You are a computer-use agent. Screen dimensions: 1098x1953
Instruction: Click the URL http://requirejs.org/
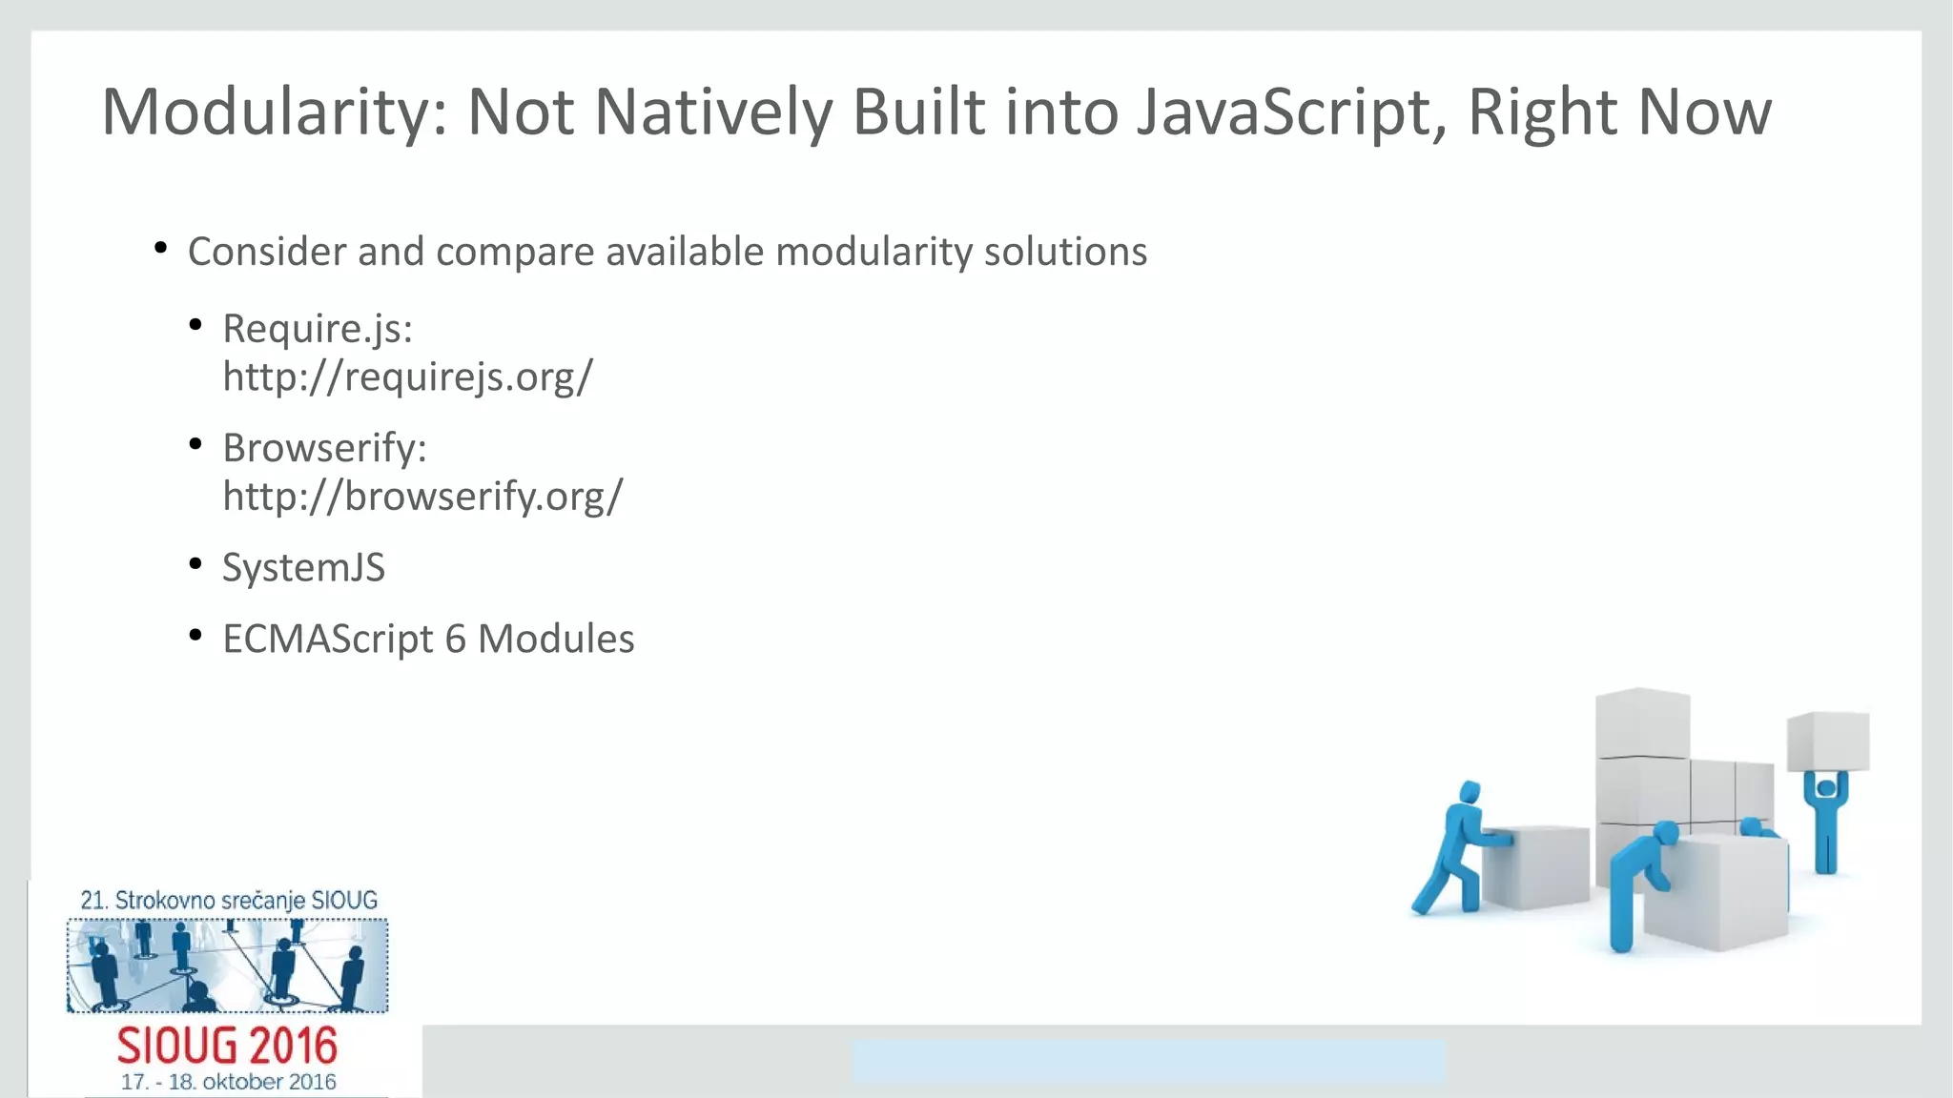pos(407,376)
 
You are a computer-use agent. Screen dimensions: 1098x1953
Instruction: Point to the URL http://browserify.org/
pos(422,496)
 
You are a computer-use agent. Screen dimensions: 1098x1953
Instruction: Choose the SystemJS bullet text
pos(303,568)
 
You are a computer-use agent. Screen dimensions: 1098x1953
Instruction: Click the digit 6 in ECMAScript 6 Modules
pos(455,639)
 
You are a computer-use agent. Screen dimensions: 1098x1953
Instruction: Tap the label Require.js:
pos(318,329)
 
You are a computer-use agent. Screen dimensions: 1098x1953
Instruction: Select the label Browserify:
pos(324,448)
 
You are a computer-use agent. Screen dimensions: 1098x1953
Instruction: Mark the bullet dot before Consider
pos(160,249)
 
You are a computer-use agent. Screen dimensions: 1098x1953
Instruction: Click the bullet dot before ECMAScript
pos(195,635)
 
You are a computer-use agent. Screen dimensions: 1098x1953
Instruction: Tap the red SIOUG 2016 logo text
pos(227,1047)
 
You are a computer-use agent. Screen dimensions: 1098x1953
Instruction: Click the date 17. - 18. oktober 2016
pos(228,1082)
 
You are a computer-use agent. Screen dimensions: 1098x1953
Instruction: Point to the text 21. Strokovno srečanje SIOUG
pos(228,900)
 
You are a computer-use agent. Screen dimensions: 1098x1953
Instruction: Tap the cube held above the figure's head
pos(1827,741)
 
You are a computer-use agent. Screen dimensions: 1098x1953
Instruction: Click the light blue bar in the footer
pos(1148,1061)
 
